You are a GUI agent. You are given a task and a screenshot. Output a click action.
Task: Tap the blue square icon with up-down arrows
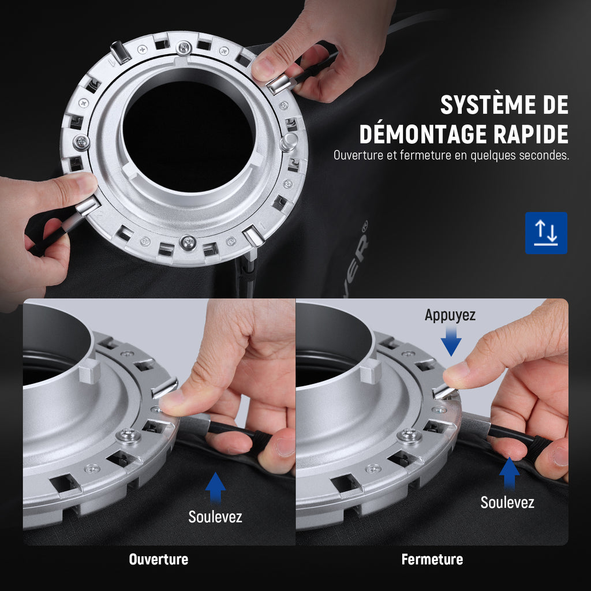pyautogui.click(x=546, y=233)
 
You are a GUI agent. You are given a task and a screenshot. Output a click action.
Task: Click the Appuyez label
pyautogui.click(x=450, y=316)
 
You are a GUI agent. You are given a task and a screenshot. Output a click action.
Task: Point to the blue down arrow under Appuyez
pyautogui.click(x=451, y=341)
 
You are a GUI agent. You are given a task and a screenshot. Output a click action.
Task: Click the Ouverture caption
pyautogui.click(x=159, y=559)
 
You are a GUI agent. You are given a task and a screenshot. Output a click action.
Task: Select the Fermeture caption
pyautogui.click(x=432, y=559)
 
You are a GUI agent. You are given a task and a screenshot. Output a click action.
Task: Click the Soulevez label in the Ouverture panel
pyautogui.click(x=215, y=517)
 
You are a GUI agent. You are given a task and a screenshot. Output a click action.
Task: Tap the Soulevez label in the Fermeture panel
pyautogui.click(x=507, y=503)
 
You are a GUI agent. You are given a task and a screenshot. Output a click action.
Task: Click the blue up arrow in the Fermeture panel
pyautogui.click(x=509, y=473)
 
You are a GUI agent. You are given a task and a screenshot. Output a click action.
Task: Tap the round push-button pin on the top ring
pyautogui.click(x=289, y=142)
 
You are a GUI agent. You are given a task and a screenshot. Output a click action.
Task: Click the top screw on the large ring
pyautogui.click(x=184, y=48)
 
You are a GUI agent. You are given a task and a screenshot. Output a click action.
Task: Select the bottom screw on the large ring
pyautogui.click(x=188, y=242)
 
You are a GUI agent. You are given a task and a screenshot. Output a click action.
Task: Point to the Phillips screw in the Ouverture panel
pyautogui.click(x=129, y=436)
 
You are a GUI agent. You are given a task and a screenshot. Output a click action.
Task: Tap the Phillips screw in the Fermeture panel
pyautogui.click(x=409, y=436)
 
